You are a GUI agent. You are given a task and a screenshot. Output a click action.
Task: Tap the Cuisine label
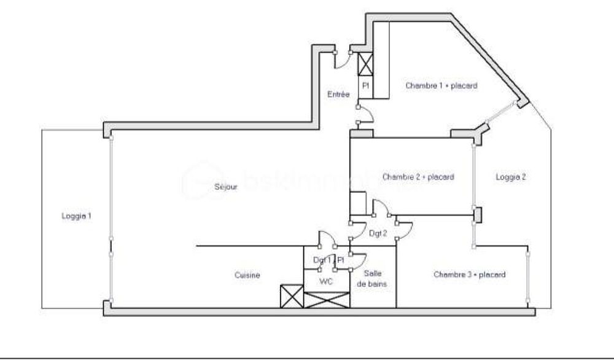click(247, 276)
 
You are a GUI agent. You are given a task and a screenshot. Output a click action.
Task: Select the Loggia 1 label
click(76, 216)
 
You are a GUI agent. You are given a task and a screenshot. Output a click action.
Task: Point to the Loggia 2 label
click(511, 177)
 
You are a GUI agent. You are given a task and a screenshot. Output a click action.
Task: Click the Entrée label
click(338, 95)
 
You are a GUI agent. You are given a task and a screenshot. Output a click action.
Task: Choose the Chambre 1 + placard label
click(441, 86)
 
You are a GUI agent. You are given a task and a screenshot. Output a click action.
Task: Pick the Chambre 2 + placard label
click(418, 177)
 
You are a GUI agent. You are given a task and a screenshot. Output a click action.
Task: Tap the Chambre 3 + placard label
click(469, 275)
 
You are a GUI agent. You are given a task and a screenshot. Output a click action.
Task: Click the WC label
click(327, 281)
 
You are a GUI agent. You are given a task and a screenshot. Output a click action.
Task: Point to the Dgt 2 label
click(378, 233)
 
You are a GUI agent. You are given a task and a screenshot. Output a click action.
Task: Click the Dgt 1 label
click(322, 260)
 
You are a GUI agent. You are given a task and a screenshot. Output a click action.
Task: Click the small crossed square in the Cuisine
click(292, 297)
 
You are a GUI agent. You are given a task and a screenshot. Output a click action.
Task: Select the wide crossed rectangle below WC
click(327, 300)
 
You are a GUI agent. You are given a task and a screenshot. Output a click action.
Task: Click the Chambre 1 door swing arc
click(366, 114)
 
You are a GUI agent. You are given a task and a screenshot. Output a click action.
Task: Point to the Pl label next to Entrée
click(365, 86)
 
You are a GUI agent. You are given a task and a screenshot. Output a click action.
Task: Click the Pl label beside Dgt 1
click(341, 260)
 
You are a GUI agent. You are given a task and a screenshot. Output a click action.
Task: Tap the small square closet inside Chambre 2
click(357, 202)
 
